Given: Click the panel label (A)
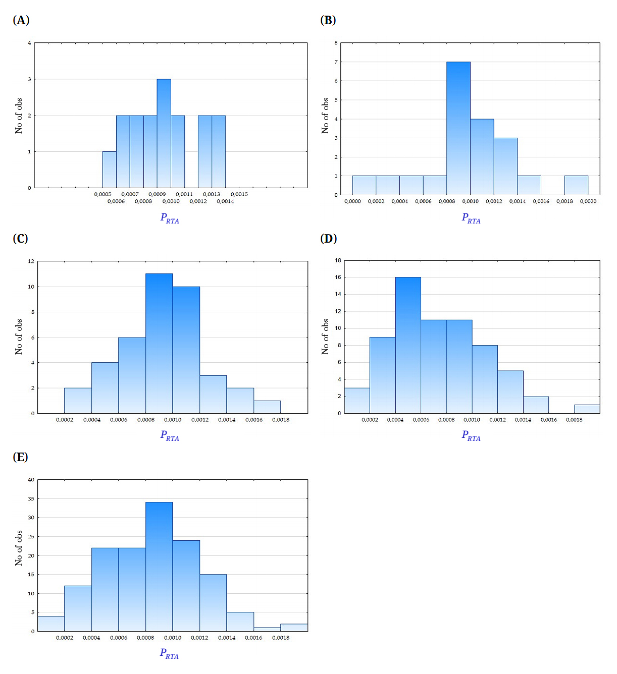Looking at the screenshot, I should pyautogui.click(x=21, y=20).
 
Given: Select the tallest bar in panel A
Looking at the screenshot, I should pyautogui.click(x=164, y=133).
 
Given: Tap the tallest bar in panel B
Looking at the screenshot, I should pyautogui.click(x=458, y=128).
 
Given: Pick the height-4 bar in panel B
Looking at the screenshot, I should pyautogui.click(x=482, y=157).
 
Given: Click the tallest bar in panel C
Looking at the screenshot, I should pyautogui.click(x=159, y=343).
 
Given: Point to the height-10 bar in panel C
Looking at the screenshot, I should pyautogui.click(x=186, y=350).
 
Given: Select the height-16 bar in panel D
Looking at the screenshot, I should pyautogui.click(x=408, y=345).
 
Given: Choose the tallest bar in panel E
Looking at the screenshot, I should pyautogui.click(x=159, y=567).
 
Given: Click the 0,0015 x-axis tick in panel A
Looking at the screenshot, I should pyautogui.click(x=239, y=194).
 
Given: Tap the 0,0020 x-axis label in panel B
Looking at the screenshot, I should pyautogui.click(x=588, y=201).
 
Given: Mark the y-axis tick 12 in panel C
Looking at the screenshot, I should pyautogui.click(x=31, y=261).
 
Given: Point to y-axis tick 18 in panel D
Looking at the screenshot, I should pyautogui.click(x=338, y=260).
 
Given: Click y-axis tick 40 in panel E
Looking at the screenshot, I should pyautogui.click(x=31, y=480).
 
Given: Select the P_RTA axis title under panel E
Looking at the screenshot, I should pyautogui.click(x=170, y=653).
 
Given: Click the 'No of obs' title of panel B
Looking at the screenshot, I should pyautogui.click(x=325, y=116).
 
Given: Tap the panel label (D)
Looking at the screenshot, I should pyautogui.click(x=329, y=239).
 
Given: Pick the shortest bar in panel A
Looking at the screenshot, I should pyautogui.click(x=109, y=170).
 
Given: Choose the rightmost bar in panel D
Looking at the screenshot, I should pyautogui.click(x=587, y=409).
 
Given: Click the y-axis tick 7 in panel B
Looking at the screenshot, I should pyautogui.click(x=336, y=62).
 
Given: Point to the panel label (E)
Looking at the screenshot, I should pyautogui.click(x=20, y=457).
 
